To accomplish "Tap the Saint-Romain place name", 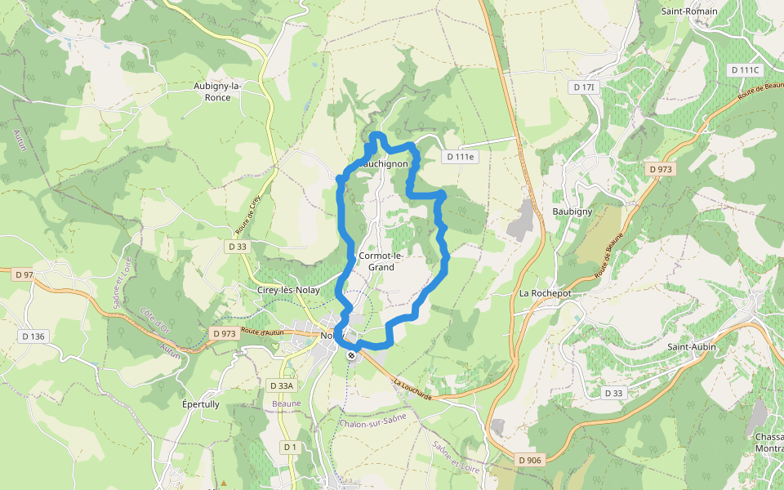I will click(x=689, y=11).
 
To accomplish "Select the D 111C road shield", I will click(x=744, y=70).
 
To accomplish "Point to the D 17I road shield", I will click(x=585, y=87).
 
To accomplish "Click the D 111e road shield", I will click(x=460, y=157).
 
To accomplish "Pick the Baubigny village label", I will click(x=572, y=212).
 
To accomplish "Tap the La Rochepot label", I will click(x=544, y=292).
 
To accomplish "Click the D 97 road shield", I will click(x=24, y=275).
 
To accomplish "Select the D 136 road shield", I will click(x=33, y=336).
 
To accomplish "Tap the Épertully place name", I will click(x=200, y=404).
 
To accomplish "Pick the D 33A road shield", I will click(x=281, y=385).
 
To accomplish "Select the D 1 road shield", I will click(x=290, y=447).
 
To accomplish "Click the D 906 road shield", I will click(x=529, y=461).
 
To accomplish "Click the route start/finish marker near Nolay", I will click(x=351, y=355).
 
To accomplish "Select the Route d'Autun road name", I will click(x=263, y=332).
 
